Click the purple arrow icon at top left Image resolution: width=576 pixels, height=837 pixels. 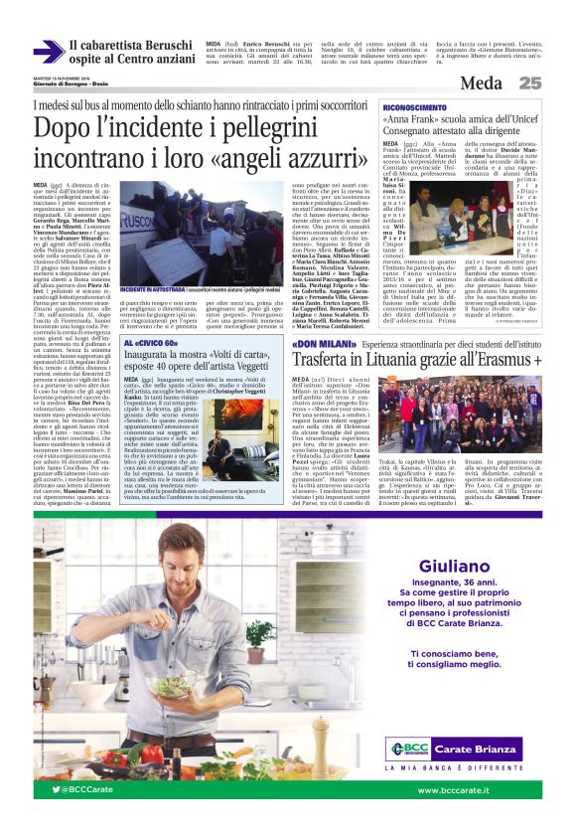47,52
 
